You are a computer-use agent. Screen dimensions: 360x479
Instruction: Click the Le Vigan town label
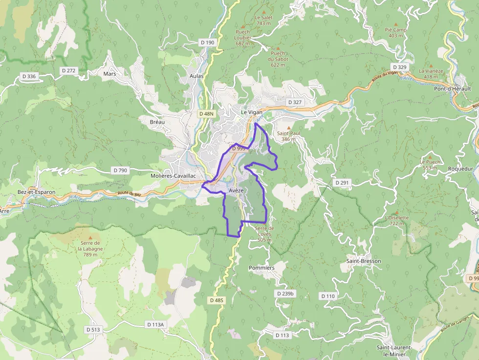pyautogui.click(x=252, y=112)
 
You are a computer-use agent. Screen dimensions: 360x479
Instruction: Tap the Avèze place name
pyautogui.click(x=236, y=191)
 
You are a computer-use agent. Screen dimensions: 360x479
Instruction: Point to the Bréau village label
pyautogui.click(x=157, y=122)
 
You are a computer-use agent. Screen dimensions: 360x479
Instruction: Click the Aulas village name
pyautogui.click(x=196, y=76)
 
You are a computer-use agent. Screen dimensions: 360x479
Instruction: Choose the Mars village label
pyautogui.click(x=110, y=74)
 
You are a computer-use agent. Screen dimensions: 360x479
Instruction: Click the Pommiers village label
pyautogui.click(x=261, y=268)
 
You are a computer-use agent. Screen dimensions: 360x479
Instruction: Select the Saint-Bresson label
pyautogui.click(x=364, y=261)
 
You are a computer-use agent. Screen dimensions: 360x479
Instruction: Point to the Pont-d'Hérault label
pyautogui.click(x=453, y=89)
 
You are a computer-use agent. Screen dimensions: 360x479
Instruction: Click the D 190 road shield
pyautogui.click(x=208, y=42)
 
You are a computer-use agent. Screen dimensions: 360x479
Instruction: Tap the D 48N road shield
pyautogui.click(x=207, y=113)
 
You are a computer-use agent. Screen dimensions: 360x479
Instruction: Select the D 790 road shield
pyautogui.click(x=120, y=170)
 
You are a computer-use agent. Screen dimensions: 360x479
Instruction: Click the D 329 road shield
pyautogui.click(x=399, y=67)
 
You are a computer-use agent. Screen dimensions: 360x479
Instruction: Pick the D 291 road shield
pyautogui.click(x=343, y=182)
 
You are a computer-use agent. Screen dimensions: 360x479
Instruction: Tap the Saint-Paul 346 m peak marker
pyautogui.click(x=288, y=127)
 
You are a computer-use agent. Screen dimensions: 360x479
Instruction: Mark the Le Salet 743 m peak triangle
pyautogui.click(x=264, y=11)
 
